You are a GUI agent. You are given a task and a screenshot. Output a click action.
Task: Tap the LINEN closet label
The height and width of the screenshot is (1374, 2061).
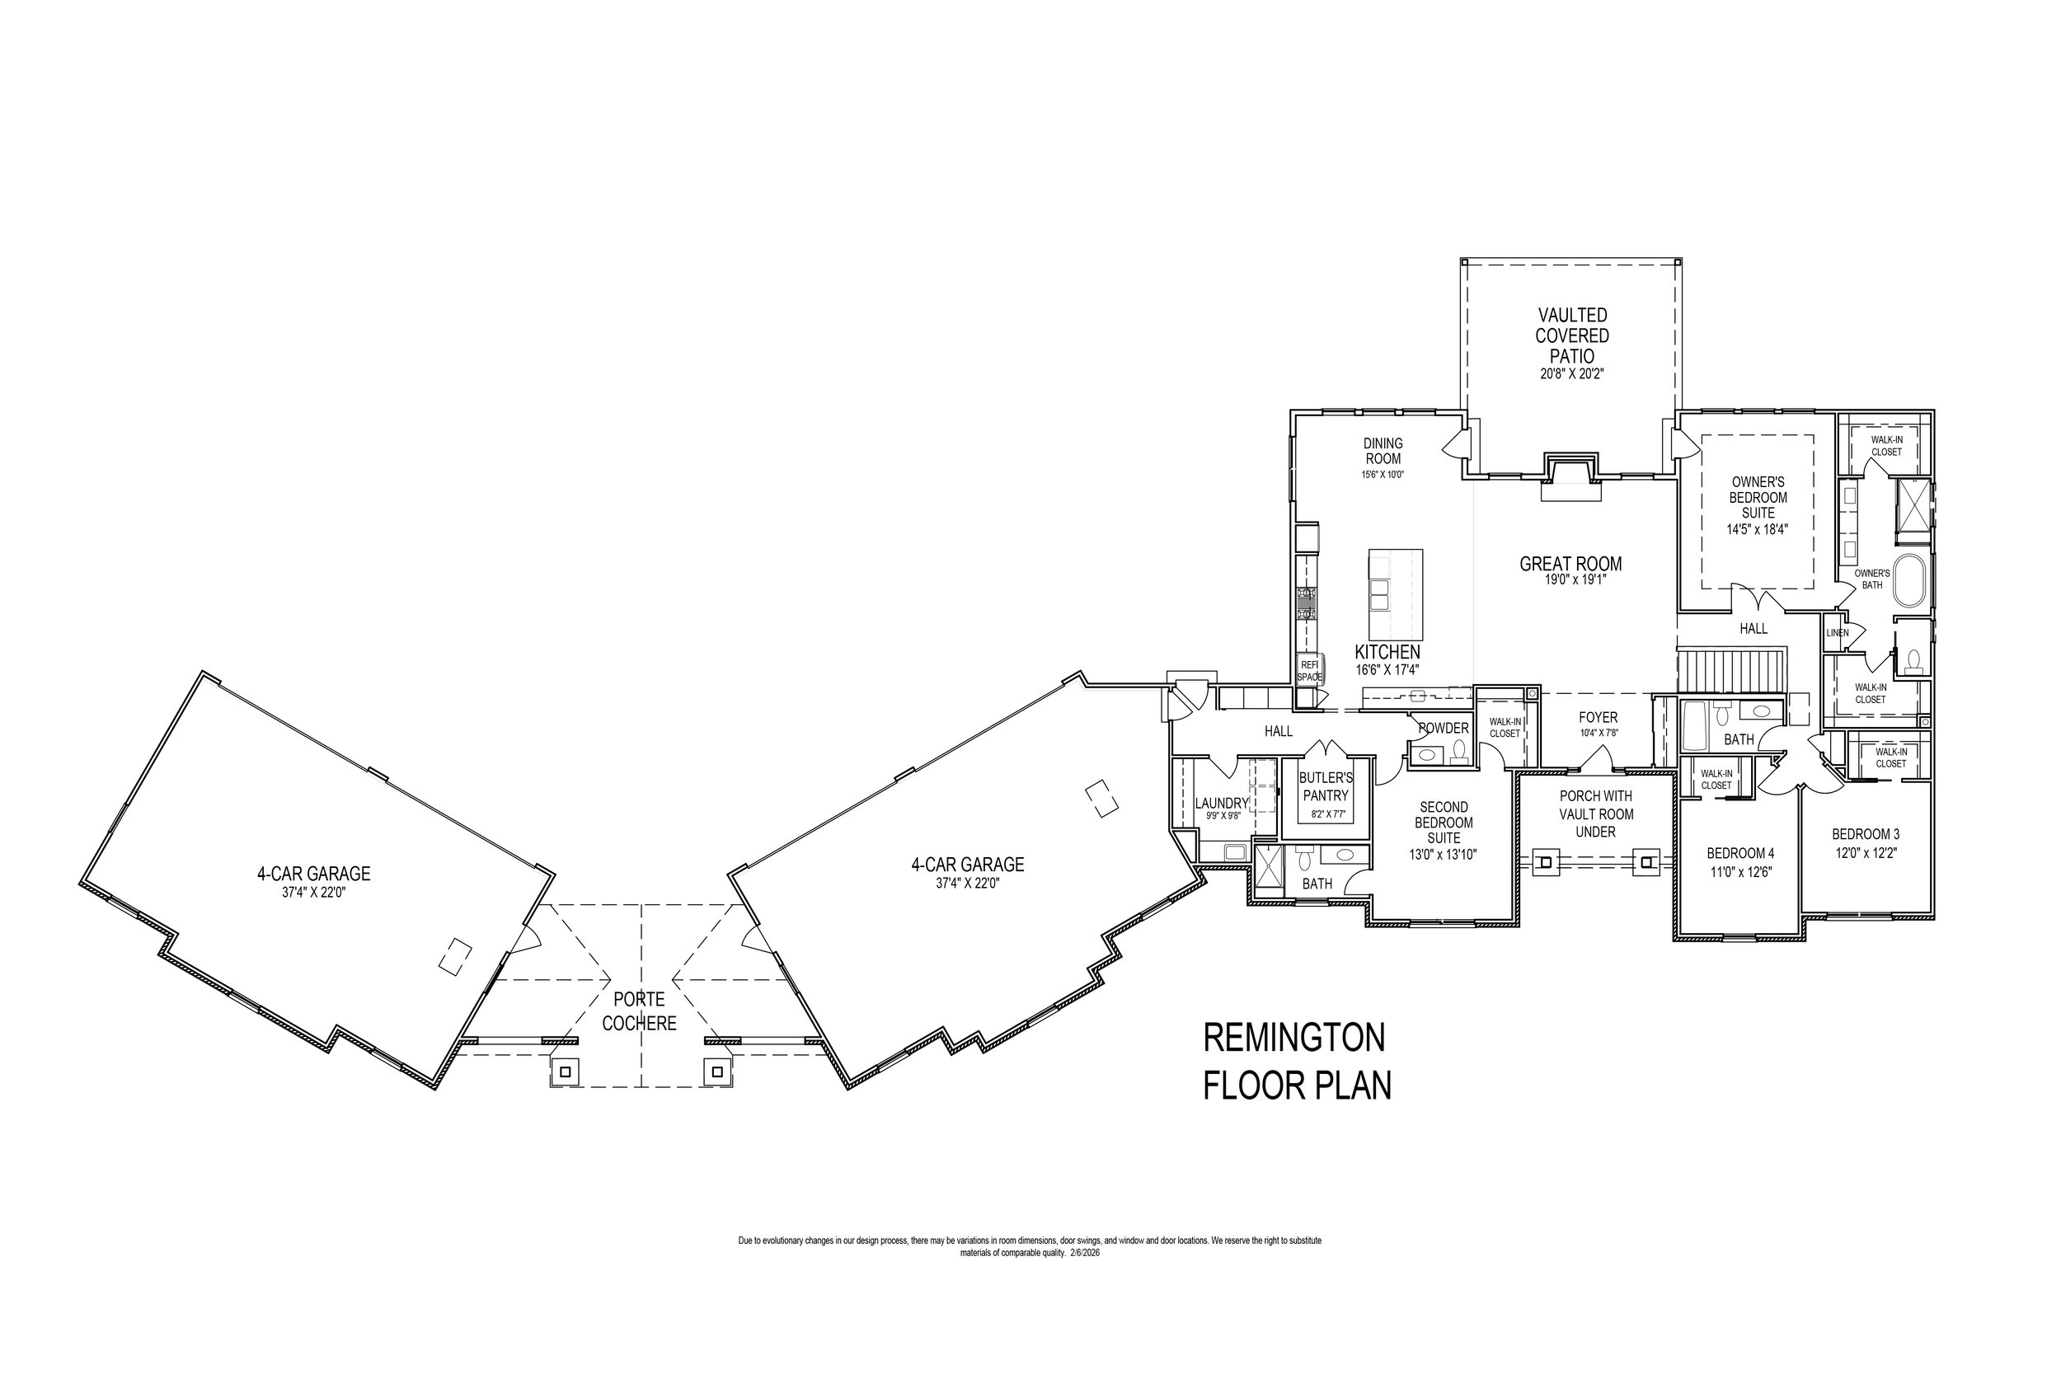(x=1837, y=633)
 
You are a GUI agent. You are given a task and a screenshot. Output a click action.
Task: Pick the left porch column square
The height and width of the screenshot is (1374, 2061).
(x=1545, y=863)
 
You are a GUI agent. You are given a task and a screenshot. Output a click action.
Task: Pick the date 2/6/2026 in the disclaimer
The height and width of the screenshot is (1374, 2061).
(x=1084, y=1253)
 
